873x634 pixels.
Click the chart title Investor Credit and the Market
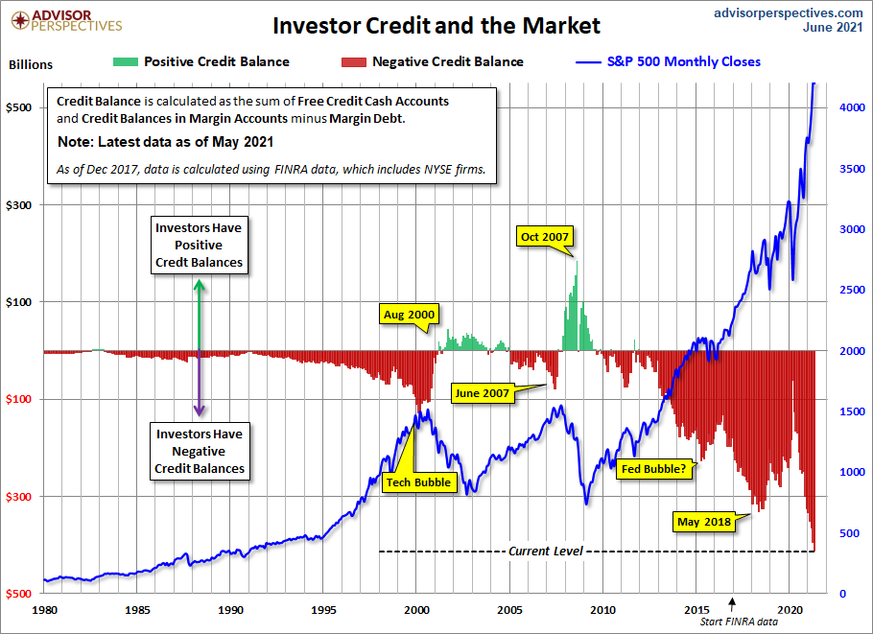pyautogui.click(x=436, y=25)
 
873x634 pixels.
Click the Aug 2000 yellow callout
pyautogui.click(x=409, y=314)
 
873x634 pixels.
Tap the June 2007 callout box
pyautogui.click(x=482, y=393)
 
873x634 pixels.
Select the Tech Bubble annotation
pyautogui.click(x=417, y=481)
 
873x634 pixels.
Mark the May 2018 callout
pyautogui.click(x=704, y=522)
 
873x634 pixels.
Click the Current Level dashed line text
pyautogui.click(x=543, y=552)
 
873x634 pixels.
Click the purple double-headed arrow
pyautogui.click(x=199, y=384)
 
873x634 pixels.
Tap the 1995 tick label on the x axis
pyautogui.click(x=323, y=609)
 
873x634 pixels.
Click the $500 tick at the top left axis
pyautogui.click(x=23, y=108)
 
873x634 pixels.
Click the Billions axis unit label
pyautogui.click(x=31, y=65)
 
